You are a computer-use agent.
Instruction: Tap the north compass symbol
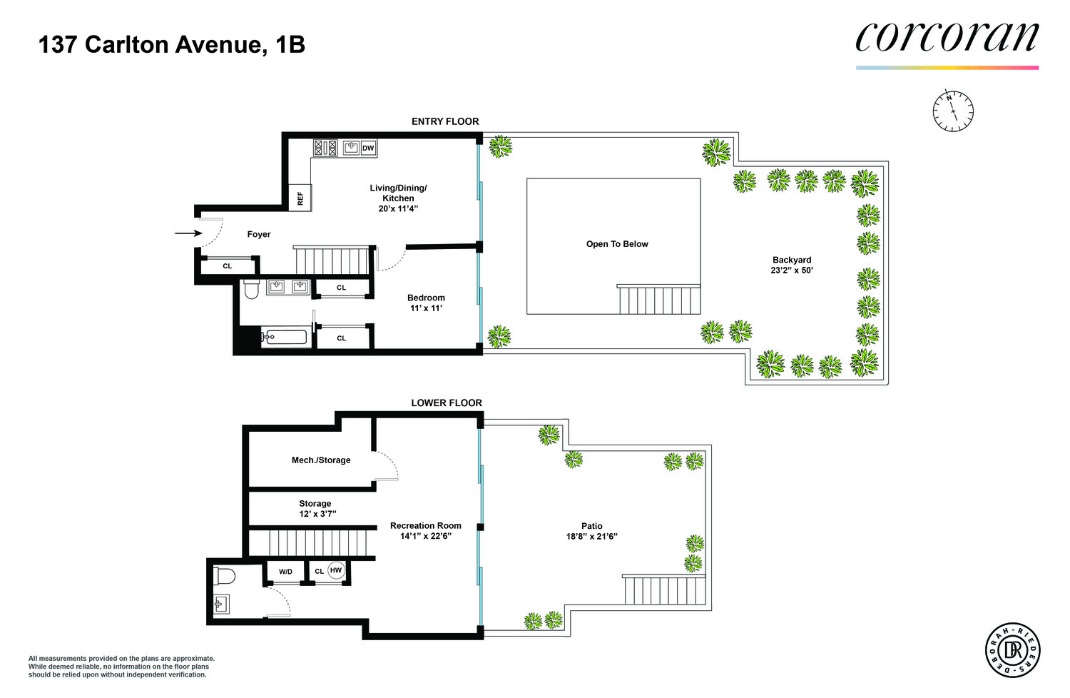pyautogui.click(x=953, y=111)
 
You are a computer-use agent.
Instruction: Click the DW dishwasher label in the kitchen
pyautogui.click(x=368, y=148)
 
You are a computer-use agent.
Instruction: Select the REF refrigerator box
pyautogui.click(x=300, y=198)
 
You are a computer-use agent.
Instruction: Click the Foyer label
pyautogui.click(x=259, y=234)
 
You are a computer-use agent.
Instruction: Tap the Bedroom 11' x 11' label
pyautogui.click(x=426, y=303)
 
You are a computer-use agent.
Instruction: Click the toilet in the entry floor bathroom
pyautogui.click(x=251, y=289)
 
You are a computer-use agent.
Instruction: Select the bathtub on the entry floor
pyautogui.click(x=284, y=337)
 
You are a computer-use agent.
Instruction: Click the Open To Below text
pyautogui.click(x=617, y=244)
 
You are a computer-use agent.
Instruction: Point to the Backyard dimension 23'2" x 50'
pyautogui.click(x=792, y=270)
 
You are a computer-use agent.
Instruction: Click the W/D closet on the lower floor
pyautogui.click(x=285, y=572)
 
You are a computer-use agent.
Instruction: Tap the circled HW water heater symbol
pyautogui.click(x=336, y=570)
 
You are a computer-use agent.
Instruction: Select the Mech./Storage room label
pyautogui.click(x=321, y=460)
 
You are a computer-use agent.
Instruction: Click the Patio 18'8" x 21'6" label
pyautogui.click(x=591, y=531)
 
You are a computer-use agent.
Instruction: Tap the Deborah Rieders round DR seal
pyautogui.click(x=1012, y=650)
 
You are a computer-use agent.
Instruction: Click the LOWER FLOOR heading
pyautogui.click(x=447, y=403)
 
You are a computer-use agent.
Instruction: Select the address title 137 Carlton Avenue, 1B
pyautogui.click(x=172, y=45)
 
